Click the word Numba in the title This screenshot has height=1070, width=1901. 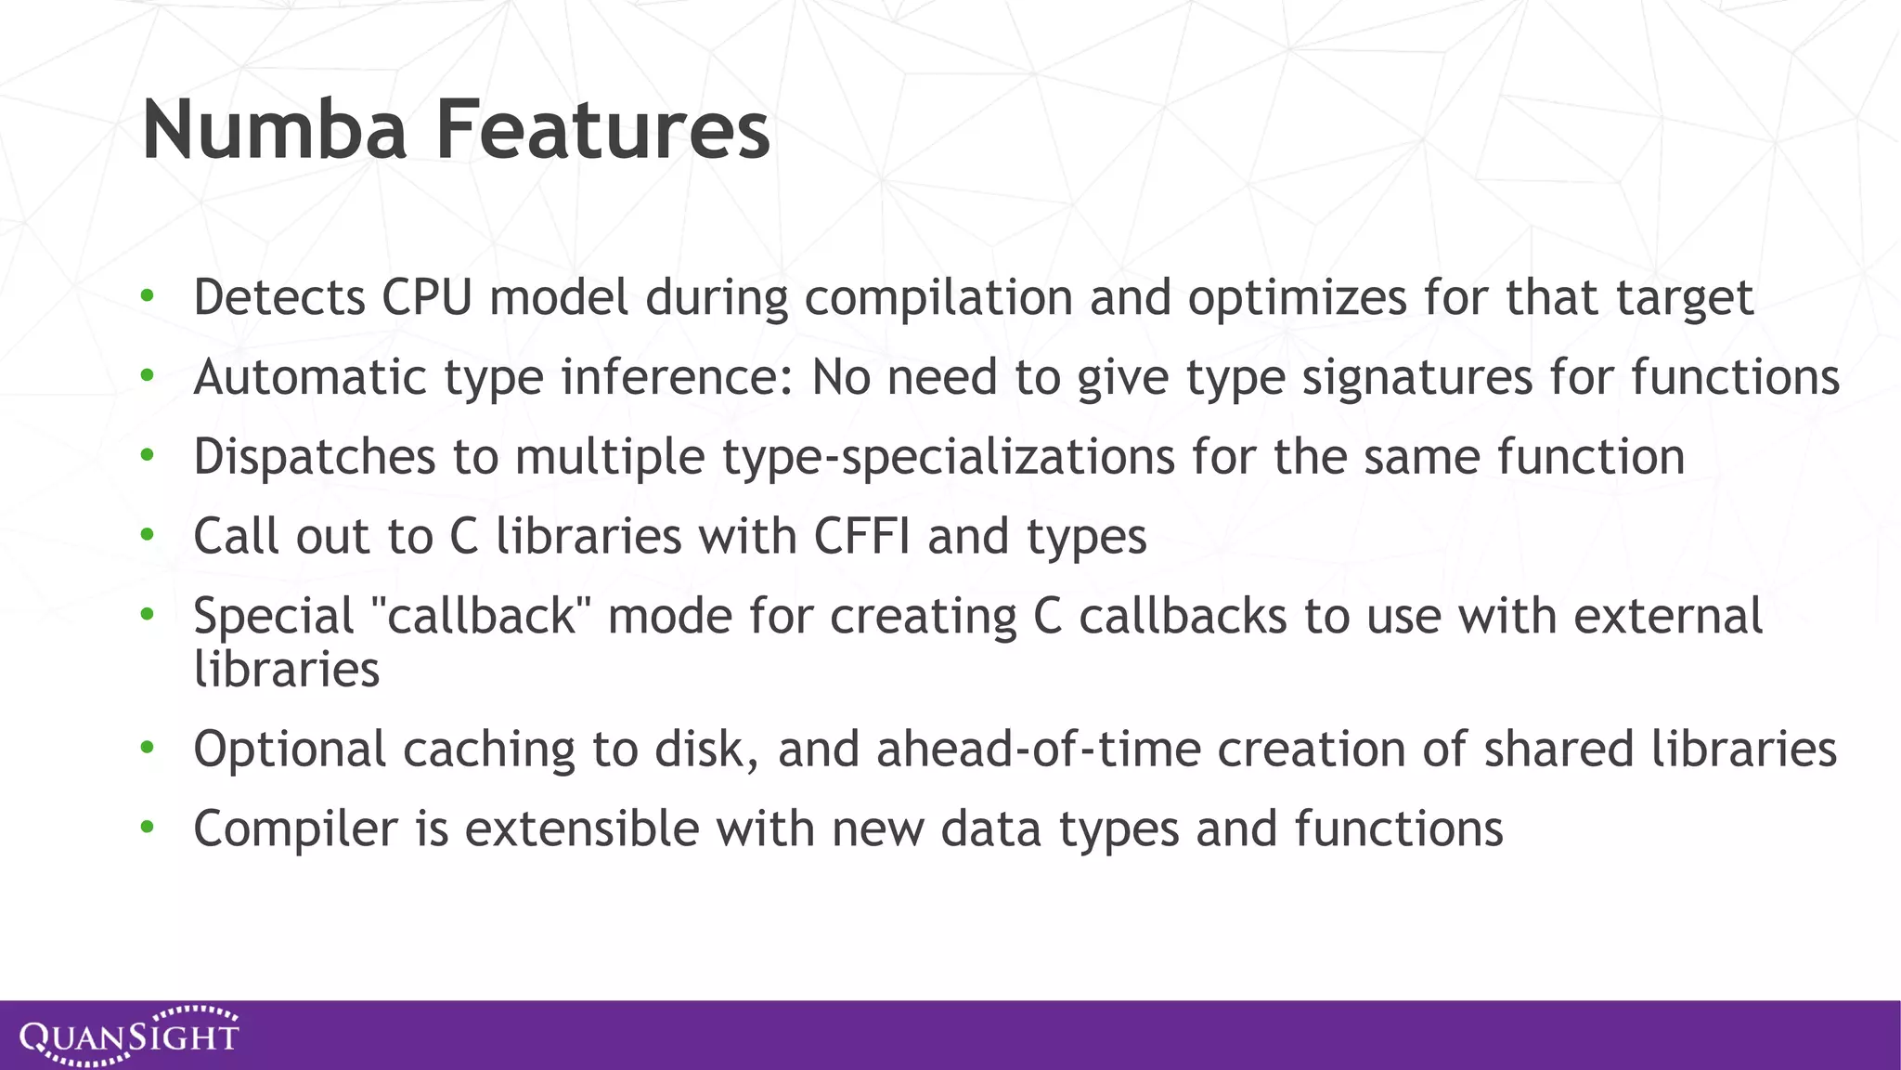275,130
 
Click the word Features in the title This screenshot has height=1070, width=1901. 602,130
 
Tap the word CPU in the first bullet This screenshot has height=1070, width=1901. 427,298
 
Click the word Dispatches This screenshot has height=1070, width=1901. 314,458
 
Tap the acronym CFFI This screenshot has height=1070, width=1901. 862,536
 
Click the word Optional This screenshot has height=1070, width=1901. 290,750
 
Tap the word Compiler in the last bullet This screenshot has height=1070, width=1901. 296,829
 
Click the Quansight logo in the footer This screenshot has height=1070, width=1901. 129,1036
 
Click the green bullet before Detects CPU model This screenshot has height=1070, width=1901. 147,297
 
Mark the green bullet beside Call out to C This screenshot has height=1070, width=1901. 147,536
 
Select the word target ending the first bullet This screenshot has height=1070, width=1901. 1685,299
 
